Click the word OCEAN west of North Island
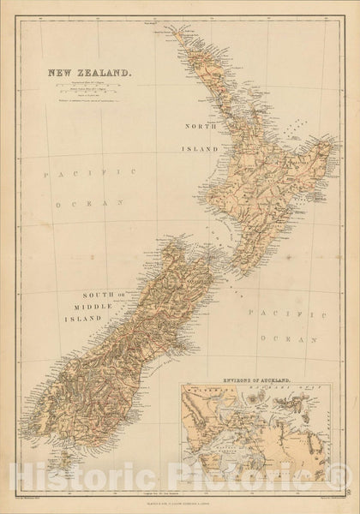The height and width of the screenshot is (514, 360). [x=75, y=206]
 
